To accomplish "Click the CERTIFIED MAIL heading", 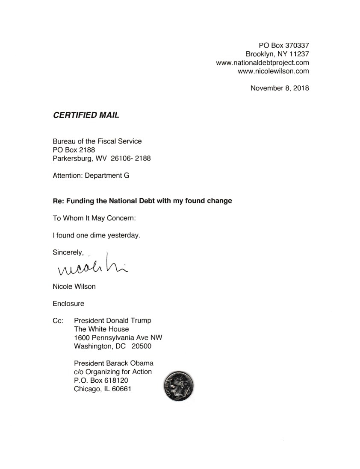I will (86, 115).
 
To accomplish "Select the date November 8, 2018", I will (280, 88).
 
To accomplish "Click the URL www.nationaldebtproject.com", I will (263, 63).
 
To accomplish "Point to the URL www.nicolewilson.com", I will (273, 71).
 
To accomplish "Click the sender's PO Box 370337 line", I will (284, 45).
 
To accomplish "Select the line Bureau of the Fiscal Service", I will (97, 141).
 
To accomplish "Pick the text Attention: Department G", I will (91, 175).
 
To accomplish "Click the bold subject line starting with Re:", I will (142, 201).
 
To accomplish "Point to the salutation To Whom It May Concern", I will (94, 218).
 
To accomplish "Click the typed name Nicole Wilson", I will (74, 287).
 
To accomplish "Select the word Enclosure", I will (68, 304).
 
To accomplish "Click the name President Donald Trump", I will (112, 321).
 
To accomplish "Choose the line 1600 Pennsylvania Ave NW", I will (118, 338).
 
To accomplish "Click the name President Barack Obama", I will (114, 363).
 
